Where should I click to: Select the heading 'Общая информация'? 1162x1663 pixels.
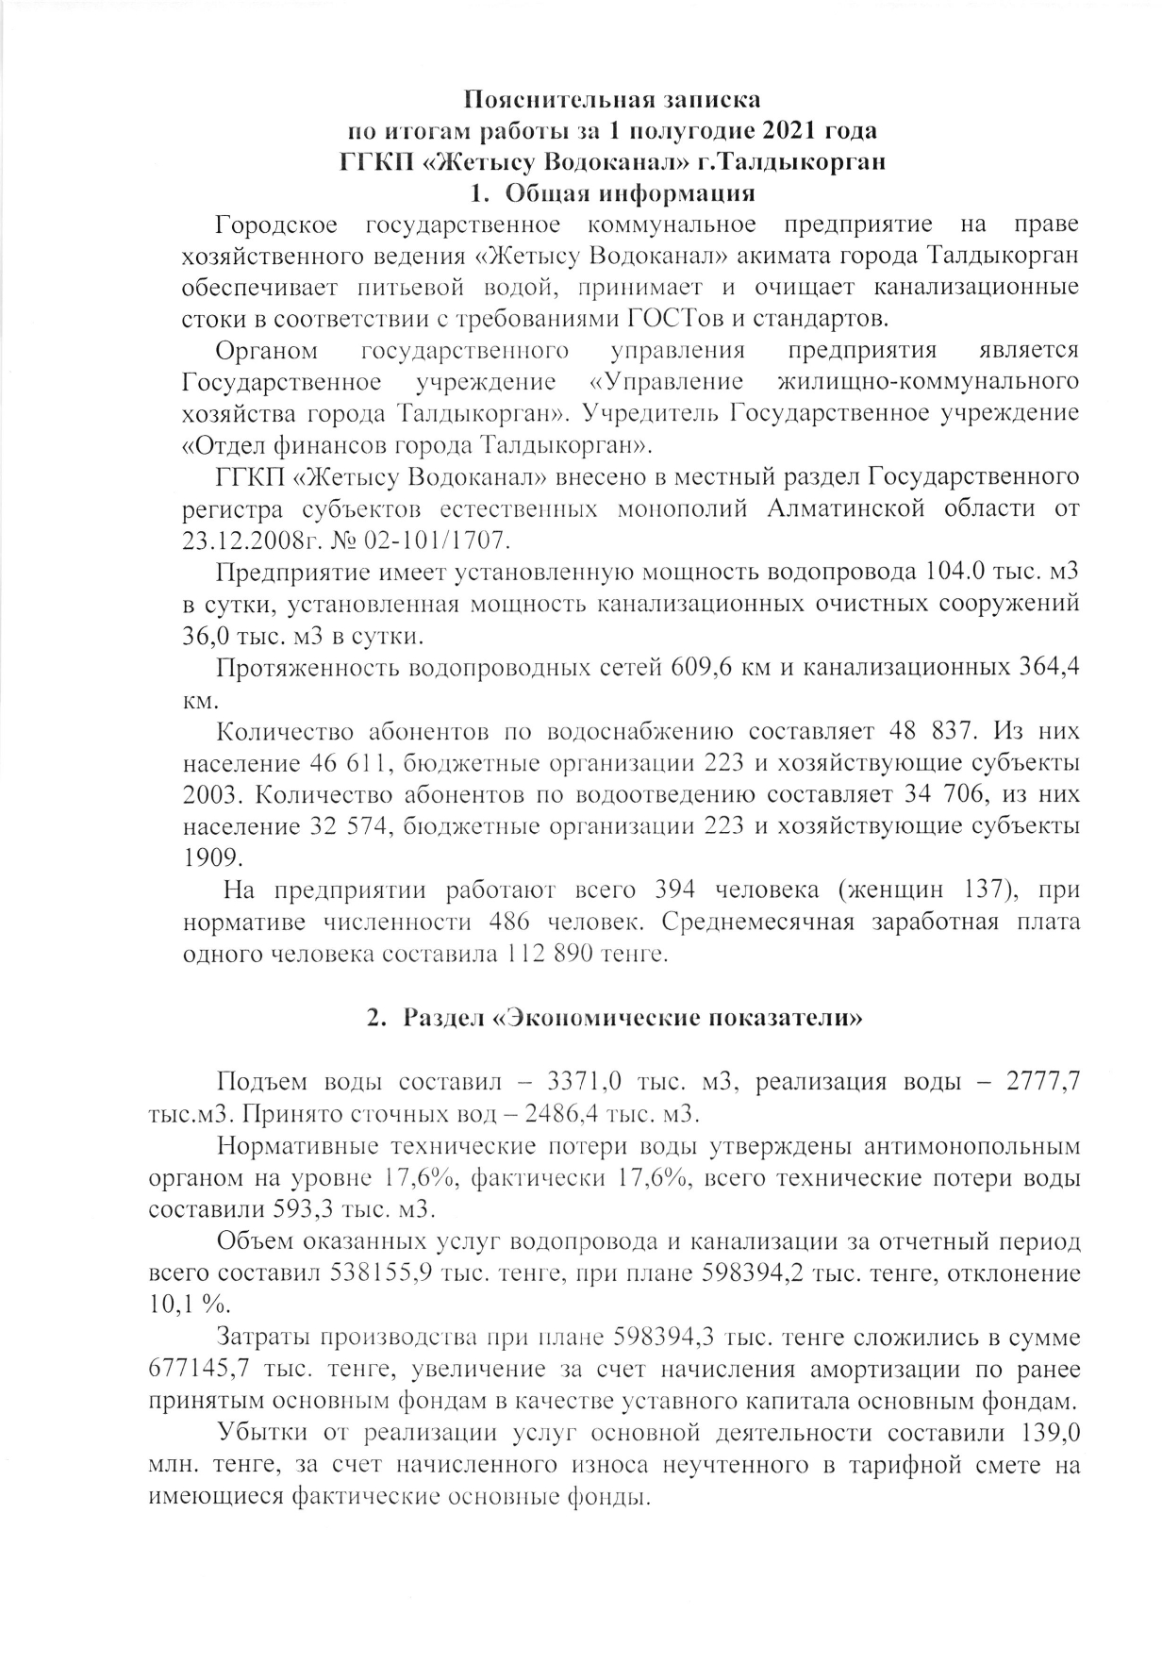pos(630,193)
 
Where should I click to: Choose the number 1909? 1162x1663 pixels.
pos(212,857)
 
